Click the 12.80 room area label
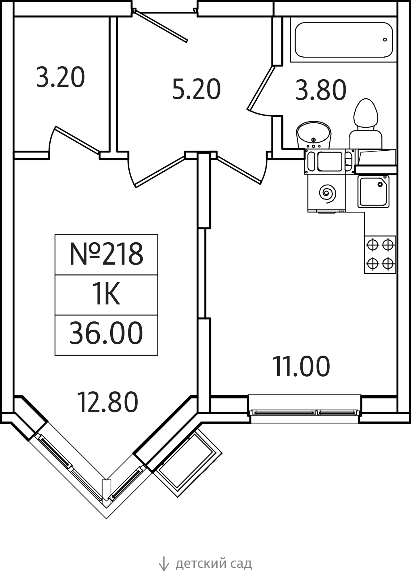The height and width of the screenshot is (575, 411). [x=107, y=402]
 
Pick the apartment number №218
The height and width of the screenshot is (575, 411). [x=106, y=254]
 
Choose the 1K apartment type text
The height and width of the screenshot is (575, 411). [x=106, y=294]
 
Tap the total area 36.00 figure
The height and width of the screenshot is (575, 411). [x=106, y=333]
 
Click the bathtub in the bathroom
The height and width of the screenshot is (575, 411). [x=344, y=40]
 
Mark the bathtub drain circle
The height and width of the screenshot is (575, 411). [x=385, y=40]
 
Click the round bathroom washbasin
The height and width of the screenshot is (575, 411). [x=313, y=135]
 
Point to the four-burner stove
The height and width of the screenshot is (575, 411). [x=380, y=254]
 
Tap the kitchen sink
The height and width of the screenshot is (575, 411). [x=373, y=191]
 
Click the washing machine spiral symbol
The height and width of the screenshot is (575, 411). [x=327, y=193]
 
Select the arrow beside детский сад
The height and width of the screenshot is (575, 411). [x=164, y=563]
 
